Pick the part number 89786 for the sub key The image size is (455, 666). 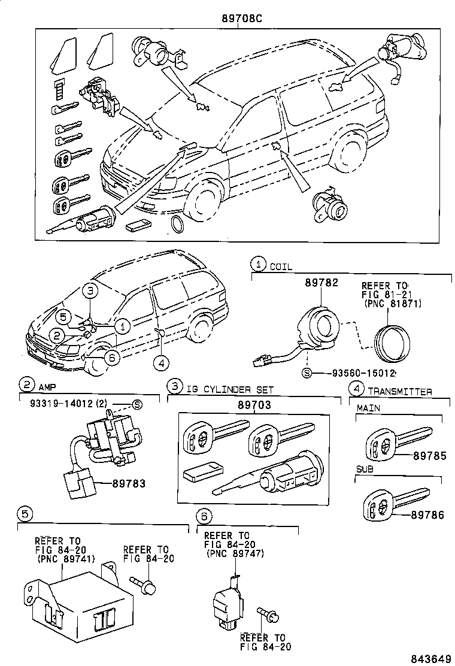coord(427,514)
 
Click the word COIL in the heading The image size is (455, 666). coord(281,267)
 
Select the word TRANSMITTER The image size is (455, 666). coord(400,391)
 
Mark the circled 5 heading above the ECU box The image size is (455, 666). coord(24,513)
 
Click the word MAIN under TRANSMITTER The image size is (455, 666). coord(369,408)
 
